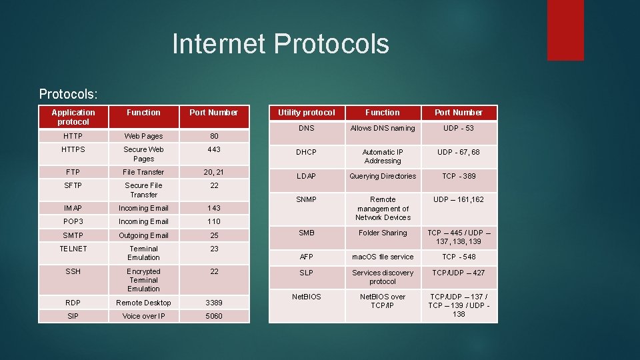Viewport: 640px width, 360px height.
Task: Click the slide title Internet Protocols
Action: pyautogui.click(x=280, y=44)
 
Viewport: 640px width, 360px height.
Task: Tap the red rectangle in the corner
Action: pyautogui.click(x=565, y=29)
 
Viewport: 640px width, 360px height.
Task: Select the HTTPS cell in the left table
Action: pyautogui.click(x=73, y=149)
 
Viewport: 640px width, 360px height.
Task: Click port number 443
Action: pyautogui.click(x=214, y=149)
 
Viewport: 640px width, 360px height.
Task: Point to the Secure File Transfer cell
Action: pyautogui.click(x=143, y=190)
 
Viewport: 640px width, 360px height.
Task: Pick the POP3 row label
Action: pyautogui.click(x=73, y=221)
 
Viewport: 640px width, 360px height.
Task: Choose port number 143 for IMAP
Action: pyautogui.click(x=214, y=208)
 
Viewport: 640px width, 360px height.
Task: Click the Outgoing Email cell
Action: pyautogui.click(x=143, y=235)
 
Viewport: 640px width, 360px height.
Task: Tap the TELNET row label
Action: pyautogui.click(x=73, y=249)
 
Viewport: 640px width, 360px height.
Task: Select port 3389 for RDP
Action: pyautogui.click(x=214, y=303)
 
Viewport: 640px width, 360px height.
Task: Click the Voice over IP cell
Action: pyautogui.click(x=143, y=316)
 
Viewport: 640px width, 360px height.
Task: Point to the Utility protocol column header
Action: pyautogui.click(x=306, y=113)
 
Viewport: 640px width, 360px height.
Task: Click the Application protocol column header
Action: pyautogui.click(x=73, y=117)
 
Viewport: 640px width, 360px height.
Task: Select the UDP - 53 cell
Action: pyautogui.click(x=459, y=128)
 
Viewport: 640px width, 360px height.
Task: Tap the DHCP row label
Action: pyautogui.click(x=306, y=152)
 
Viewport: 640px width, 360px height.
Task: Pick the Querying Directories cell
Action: pyautogui.click(x=383, y=176)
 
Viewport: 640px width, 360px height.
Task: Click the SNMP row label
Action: pyautogui.click(x=306, y=199)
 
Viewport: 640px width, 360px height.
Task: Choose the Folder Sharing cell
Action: pyautogui.click(x=383, y=233)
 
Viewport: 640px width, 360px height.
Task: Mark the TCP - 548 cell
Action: pyautogui.click(x=459, y=257)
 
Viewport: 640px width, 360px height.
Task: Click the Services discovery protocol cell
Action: pyautogui.click(x=383, y=277)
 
